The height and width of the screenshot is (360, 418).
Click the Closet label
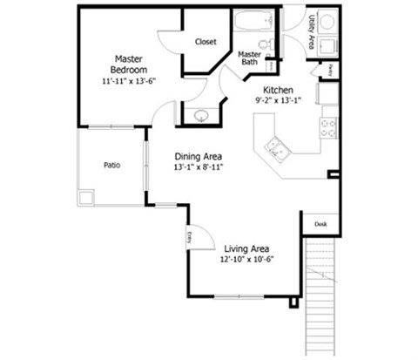click(x=206, y=41)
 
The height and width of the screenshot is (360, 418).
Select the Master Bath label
click(x=251, y=58)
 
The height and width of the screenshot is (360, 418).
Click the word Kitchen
click(x=278, y=90)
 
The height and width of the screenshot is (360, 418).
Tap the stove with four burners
click(x=328, y=127)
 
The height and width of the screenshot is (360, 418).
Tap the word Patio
click(x=111, y=164)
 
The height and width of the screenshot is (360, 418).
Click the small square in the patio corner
click(x=85, y=198)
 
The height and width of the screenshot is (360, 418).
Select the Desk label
click(x=320, y=224)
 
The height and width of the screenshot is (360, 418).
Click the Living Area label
click(x=246, y=248)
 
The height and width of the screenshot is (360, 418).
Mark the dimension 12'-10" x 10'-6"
click(x=246, y=260)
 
